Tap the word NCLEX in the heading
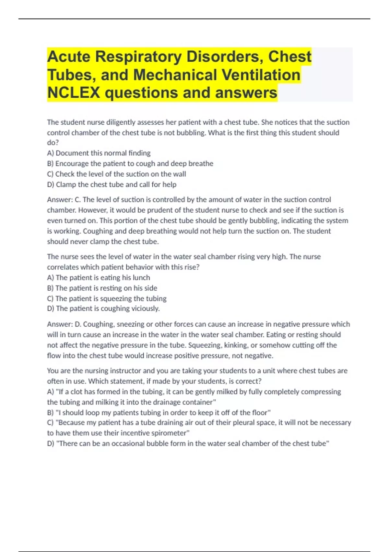tap(74, 93)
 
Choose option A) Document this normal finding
tap(99, 153)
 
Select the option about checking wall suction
tap(117, 174)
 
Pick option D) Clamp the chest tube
tap(112, 184)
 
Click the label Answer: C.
tap(64, 200)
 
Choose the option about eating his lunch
tap(99, 278)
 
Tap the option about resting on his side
tap(102, 288)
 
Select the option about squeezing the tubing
tap(107, 298)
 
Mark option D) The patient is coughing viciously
tap(104, 308)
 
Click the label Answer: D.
tap(64, 324)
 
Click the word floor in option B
tap(260, 413)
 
